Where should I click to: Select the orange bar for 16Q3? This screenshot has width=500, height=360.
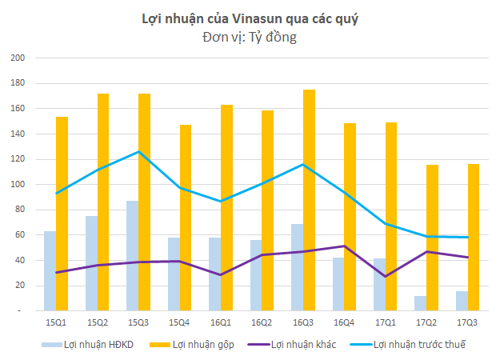pos(309,200)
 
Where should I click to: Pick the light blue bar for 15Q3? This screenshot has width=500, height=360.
pos(132,255)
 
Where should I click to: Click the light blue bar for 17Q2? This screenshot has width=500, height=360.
pos(421,303)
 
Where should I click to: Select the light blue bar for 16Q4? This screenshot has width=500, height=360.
pos(338,284)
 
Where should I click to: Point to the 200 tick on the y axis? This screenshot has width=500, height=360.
pos(18,58)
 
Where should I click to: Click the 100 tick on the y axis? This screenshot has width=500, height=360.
pos(18,184)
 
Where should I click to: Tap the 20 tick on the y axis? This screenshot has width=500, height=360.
pos(20,285)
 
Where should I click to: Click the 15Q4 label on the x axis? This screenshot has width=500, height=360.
pos(179,322)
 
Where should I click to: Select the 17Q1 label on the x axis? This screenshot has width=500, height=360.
pos(386,322)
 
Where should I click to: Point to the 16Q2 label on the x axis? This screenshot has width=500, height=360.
pos(262,322)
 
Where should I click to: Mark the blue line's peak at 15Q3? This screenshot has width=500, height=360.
pos(138,151)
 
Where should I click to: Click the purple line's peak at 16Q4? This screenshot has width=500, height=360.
pos(344,246)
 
